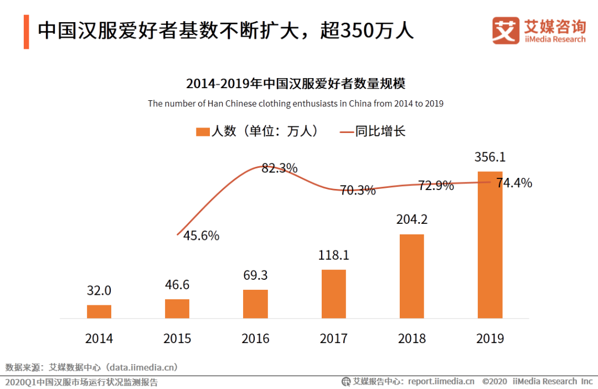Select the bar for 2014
click(99, 311)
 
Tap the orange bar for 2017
click(333, 294)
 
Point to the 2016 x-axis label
click(255, 338)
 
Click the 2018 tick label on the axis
click(412, 338)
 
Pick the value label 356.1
click(490, 157)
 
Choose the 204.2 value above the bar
click(412, 219)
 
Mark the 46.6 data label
click(177, 285)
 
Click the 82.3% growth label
click(280, 168)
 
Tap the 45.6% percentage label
click(201, 236)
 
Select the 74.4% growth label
click(514, 183)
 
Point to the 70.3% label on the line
click(358, 190)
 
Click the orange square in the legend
click(203, 131)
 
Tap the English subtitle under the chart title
click(296, 104)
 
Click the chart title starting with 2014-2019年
click(296, 84)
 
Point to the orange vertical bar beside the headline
click(26, 31)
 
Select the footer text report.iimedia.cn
click(441, 381)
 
